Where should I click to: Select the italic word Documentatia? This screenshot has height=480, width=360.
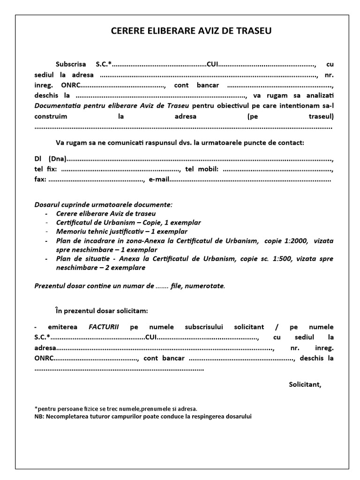(x=56, y=105)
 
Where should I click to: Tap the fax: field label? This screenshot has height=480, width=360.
(x=40, y=179)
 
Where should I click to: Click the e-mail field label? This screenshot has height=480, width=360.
(x=158, y=179)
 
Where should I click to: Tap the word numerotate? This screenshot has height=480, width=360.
(x=207, y=285)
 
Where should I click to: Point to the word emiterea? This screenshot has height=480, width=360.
(x=60, y=326)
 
